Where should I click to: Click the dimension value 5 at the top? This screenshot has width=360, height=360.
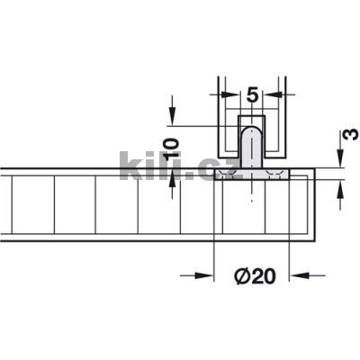click(x=251, y=93)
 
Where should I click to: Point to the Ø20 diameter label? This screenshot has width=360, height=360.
click(x=254, y=277)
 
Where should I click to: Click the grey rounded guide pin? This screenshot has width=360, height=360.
click(x=251, y=146)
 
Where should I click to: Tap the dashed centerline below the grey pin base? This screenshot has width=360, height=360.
click(x=251, y=193)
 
